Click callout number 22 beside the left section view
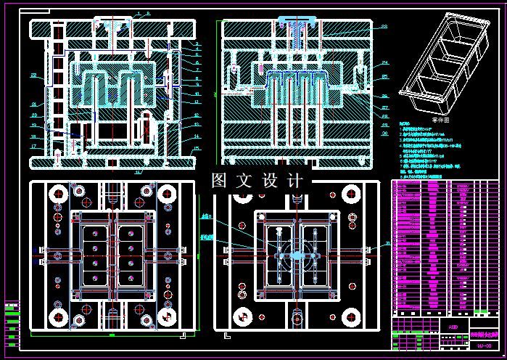coord(33,75)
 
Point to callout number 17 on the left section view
coord(33,146)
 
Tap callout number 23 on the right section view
coord(384,27)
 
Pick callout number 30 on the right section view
coord(384,134)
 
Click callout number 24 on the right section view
coord(385,62)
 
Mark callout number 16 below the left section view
coord(138,172)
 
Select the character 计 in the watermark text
coord(295,180)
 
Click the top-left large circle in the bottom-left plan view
coord(57,194)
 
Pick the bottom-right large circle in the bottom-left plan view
coord(168,317)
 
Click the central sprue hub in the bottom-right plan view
coord(297,255)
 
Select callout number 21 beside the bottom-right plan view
coord(387,244)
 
